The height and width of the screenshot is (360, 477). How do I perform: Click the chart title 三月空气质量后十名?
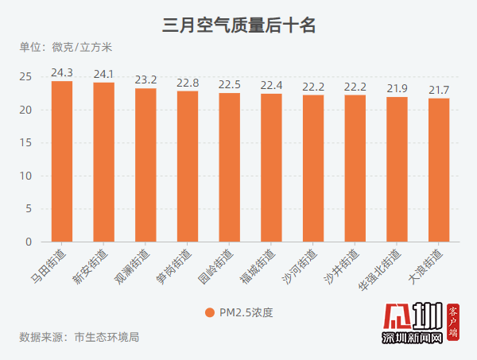tap(238, 25)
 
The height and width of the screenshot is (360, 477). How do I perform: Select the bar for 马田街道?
tap(62, 161)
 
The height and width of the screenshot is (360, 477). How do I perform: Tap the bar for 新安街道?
tap(103, 162)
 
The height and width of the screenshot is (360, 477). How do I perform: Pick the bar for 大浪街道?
tap(439, 170)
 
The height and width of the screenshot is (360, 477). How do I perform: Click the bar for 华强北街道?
tap(397, 169)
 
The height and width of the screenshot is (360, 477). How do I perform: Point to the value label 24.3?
tap(62, 72)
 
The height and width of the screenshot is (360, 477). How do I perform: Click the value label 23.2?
tap(145, 79)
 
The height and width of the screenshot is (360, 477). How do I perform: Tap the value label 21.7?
tap(439, 89)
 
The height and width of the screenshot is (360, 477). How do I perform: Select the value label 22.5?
tap(229, 84)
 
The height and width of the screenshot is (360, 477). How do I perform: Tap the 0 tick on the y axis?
tap(28, 242)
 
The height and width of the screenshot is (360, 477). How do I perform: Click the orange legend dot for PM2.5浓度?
tap(209, 312)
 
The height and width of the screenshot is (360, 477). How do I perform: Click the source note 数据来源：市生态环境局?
tap(79, 337)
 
